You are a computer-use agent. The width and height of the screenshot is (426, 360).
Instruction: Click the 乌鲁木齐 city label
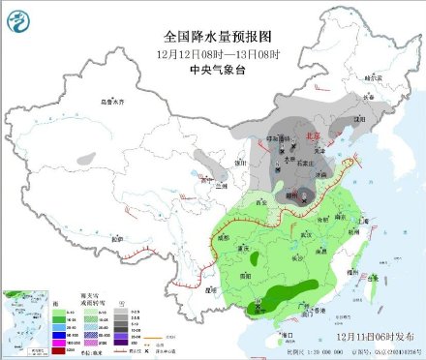[114, 101]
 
